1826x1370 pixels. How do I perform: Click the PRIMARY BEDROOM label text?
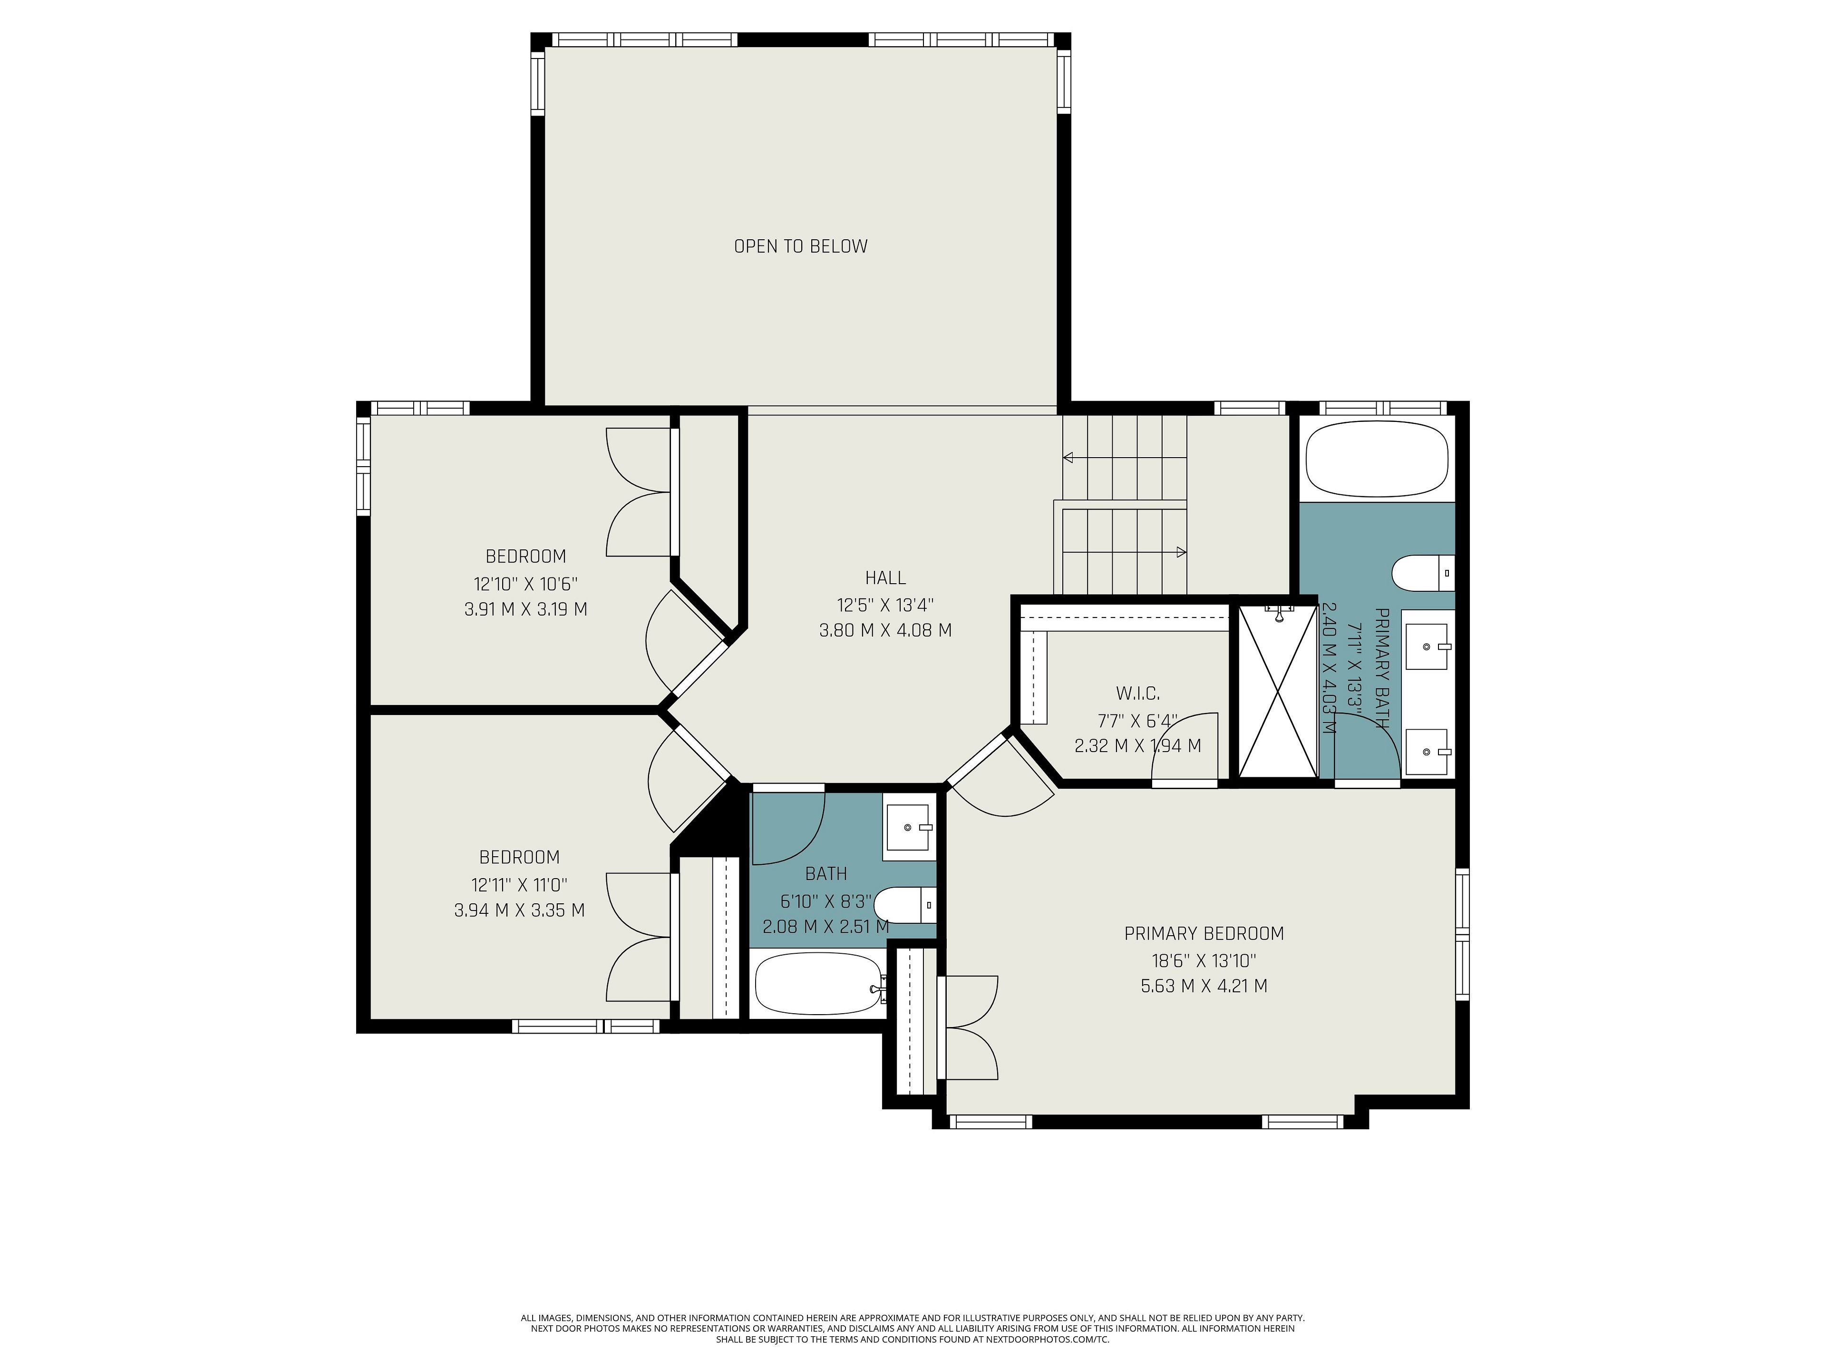(x=1204, y=933)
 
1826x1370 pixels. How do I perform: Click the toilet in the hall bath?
(x=905, y=906)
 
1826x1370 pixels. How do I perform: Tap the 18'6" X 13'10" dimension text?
(x=1204, y=960)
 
